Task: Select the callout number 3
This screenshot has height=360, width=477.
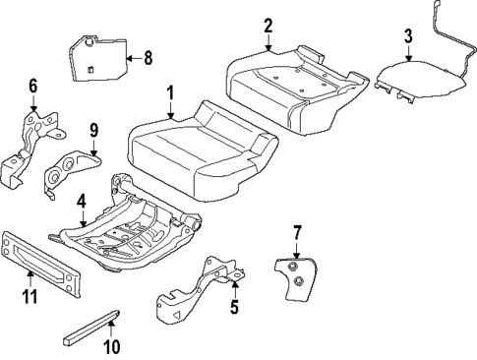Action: click(407, 38)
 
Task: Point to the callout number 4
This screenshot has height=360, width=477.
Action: click(82, 201)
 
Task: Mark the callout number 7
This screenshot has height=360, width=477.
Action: click(296, 232)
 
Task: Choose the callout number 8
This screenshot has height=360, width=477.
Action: click(148, 58)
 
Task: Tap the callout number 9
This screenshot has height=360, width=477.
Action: click(93, 129)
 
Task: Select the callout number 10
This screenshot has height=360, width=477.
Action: click(111, 345)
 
